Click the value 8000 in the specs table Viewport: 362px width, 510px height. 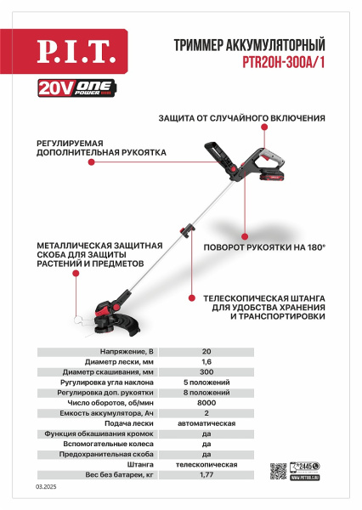pyautogui.click(x=207, y=403)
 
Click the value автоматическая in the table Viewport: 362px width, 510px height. pyautogui.click(x=207, y=424)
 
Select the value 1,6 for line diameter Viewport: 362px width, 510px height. pyautogui.click(x=207, y=360)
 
